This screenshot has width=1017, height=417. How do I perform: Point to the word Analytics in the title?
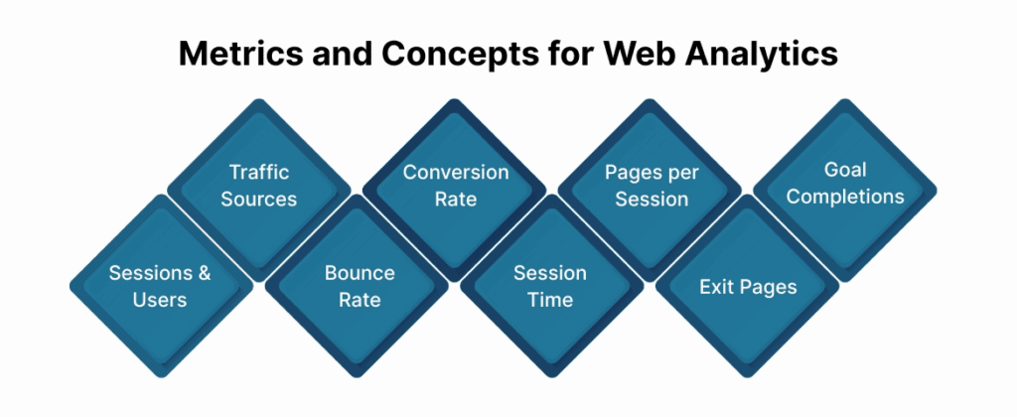[761, 55]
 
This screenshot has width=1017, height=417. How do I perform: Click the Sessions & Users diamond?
[160, 286]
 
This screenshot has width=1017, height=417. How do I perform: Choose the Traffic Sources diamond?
[258, 186]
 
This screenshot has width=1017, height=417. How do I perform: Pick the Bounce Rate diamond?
[360, 286]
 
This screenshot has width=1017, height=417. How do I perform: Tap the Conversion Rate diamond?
[455, 186]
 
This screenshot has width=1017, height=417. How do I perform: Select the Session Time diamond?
[549, 286]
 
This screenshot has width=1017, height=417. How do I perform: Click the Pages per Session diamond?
[651, 186]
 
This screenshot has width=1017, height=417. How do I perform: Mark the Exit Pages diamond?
[748, 287]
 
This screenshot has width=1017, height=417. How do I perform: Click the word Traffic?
[258, 173]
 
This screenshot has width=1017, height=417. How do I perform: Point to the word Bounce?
[360, 273]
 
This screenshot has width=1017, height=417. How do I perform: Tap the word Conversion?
[455, 173]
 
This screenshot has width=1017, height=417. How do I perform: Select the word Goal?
[845, 170]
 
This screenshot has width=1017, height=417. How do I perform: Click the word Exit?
[718, 287]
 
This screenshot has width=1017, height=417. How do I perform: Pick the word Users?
[160, 299]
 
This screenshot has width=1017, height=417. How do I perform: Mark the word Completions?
[845, 197]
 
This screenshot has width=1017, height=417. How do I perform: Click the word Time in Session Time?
[549, 299]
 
